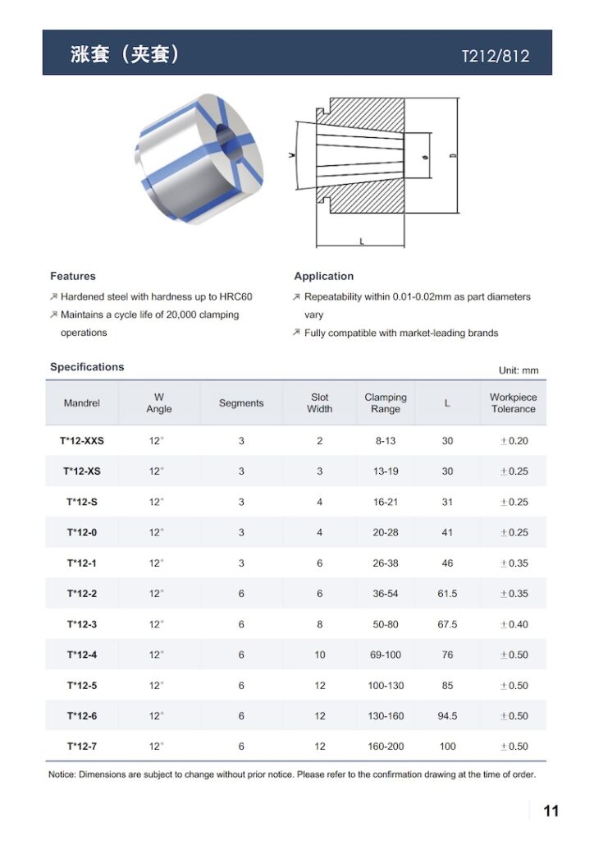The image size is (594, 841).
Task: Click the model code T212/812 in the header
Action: (496, 57)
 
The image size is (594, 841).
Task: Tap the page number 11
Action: (551, 811)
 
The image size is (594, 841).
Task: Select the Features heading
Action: (73, 276)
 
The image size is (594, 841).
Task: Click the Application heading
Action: (324, 276)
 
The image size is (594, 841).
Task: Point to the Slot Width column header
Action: (320, 403)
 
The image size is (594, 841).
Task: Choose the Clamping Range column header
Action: (386, 403)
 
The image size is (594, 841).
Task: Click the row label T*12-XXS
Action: (82, 441)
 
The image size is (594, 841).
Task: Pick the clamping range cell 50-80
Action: (386, 624)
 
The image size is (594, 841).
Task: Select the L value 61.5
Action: (447, 594)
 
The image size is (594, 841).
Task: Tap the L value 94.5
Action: (447, 716)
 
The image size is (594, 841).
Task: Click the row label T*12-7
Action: (82, 747)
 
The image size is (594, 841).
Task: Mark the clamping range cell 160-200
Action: (386, 747)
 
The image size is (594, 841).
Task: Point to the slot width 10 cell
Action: (320, 655)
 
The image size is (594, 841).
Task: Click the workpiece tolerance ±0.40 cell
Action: (514, 624)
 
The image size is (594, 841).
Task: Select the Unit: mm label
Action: (519, 370)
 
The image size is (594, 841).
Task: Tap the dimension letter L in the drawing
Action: (361, 241)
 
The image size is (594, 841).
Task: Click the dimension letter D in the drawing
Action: (453, 154)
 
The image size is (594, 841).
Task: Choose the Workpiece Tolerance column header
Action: (514, 403)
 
